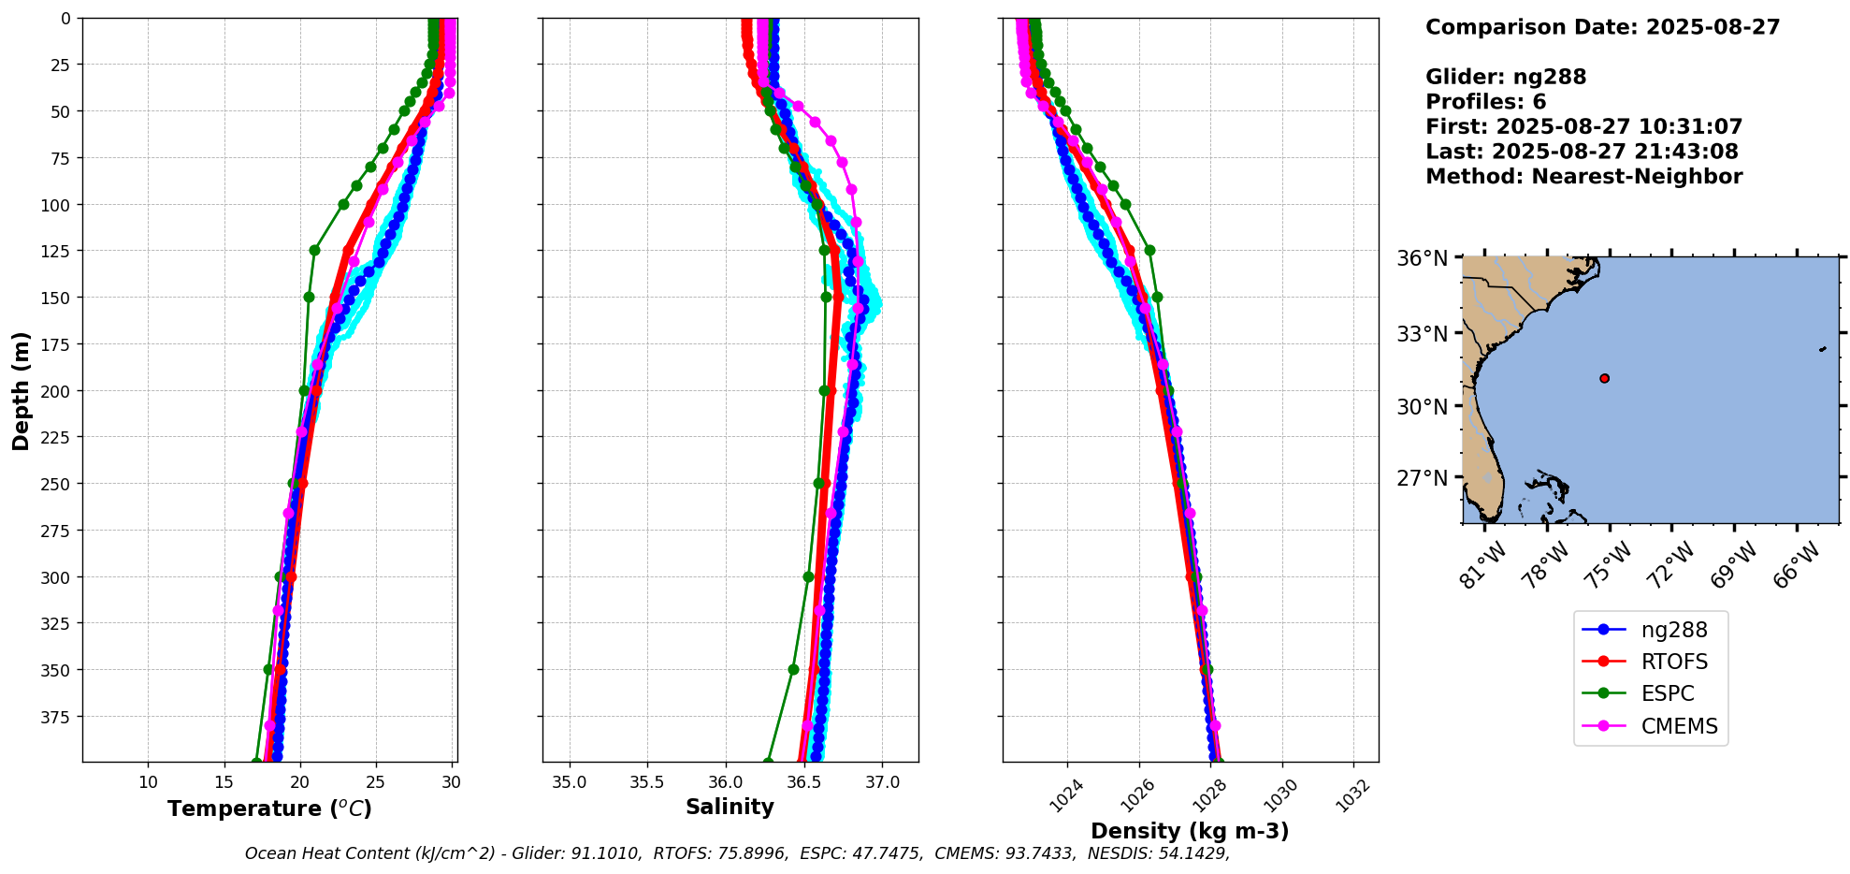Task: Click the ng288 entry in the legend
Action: (x=1673, y=630)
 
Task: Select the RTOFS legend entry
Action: (x=1673, y=662)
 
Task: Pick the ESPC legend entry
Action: (x=1667, y=693)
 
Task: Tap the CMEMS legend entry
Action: (x=1679, y=726)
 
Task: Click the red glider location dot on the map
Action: (x=1605, y=378)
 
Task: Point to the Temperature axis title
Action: (x=269, y=808)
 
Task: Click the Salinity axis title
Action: (x=730, y=807)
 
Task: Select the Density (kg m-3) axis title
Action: (x=1190, y=831)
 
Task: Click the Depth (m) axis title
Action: (x=21, y=390)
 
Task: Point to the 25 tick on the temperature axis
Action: (x=375, y=782)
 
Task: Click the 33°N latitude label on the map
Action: (x=1422, y=334)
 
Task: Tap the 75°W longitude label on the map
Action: (x=1611, y=564)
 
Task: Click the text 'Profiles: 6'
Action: (x=1485, y=102)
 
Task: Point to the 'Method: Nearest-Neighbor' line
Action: (x=1583, y=177)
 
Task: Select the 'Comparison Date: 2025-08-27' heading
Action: (x=1602, y=27)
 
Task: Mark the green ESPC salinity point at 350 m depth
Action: (x=793, y=669)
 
